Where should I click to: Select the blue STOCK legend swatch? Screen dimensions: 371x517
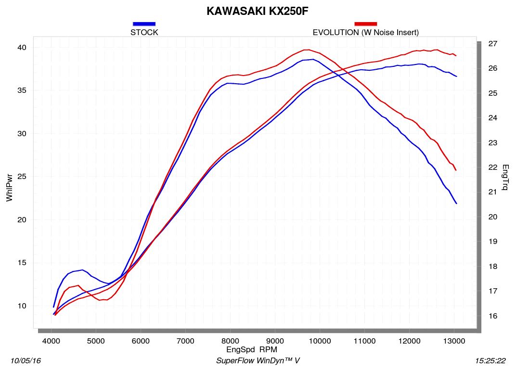pos(144,24)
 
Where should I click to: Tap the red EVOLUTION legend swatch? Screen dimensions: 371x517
pos(365,24)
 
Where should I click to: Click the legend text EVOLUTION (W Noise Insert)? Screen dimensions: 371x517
pos(365,33)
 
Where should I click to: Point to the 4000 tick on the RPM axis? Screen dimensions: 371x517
pos(51,341)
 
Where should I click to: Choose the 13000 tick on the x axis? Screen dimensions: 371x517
pos(454,341)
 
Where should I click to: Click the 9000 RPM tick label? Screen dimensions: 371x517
pos(275,341)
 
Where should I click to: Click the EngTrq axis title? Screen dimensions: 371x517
pos(505,178)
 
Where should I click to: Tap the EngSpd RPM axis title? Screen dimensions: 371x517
pos(251,349)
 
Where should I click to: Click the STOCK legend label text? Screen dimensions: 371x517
pos(144,33)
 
